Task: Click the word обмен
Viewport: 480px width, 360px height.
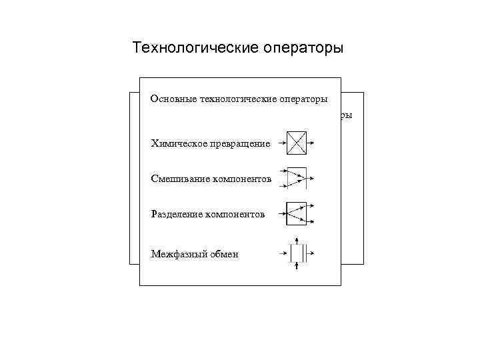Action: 223,254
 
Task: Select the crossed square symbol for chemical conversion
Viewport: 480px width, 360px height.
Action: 297,142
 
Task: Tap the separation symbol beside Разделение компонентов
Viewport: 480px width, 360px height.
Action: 296,213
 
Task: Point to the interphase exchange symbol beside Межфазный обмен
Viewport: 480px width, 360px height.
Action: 297,253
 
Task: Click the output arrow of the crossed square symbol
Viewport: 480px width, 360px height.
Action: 314,142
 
